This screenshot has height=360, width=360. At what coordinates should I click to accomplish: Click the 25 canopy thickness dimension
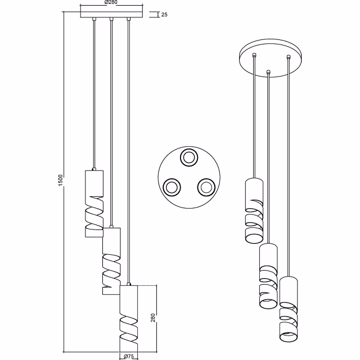point(164,15)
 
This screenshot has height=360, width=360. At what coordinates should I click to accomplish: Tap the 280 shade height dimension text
point(152,318)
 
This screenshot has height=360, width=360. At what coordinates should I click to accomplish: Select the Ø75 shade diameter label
point(128,355)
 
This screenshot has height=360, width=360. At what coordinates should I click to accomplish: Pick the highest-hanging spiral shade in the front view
point(93,203)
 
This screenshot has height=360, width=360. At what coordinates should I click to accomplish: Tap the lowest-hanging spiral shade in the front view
point(129,318)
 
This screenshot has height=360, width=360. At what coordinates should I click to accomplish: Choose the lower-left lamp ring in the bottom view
point(170,187)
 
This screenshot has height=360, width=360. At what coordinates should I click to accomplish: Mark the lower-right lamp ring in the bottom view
point(206,186)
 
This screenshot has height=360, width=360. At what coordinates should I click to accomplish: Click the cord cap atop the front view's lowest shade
point(129,283)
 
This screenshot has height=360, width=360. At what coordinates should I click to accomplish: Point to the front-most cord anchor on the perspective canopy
point(268,71)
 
